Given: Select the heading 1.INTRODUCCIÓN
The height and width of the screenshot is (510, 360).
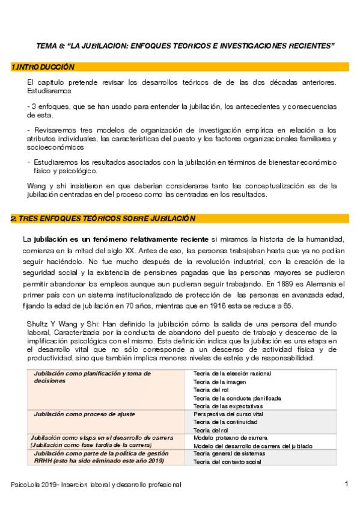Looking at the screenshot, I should tap(43, 67).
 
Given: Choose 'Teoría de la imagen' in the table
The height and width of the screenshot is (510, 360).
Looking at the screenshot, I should tap(220, 382).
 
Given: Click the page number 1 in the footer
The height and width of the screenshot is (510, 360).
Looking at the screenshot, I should tap(346, 484).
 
